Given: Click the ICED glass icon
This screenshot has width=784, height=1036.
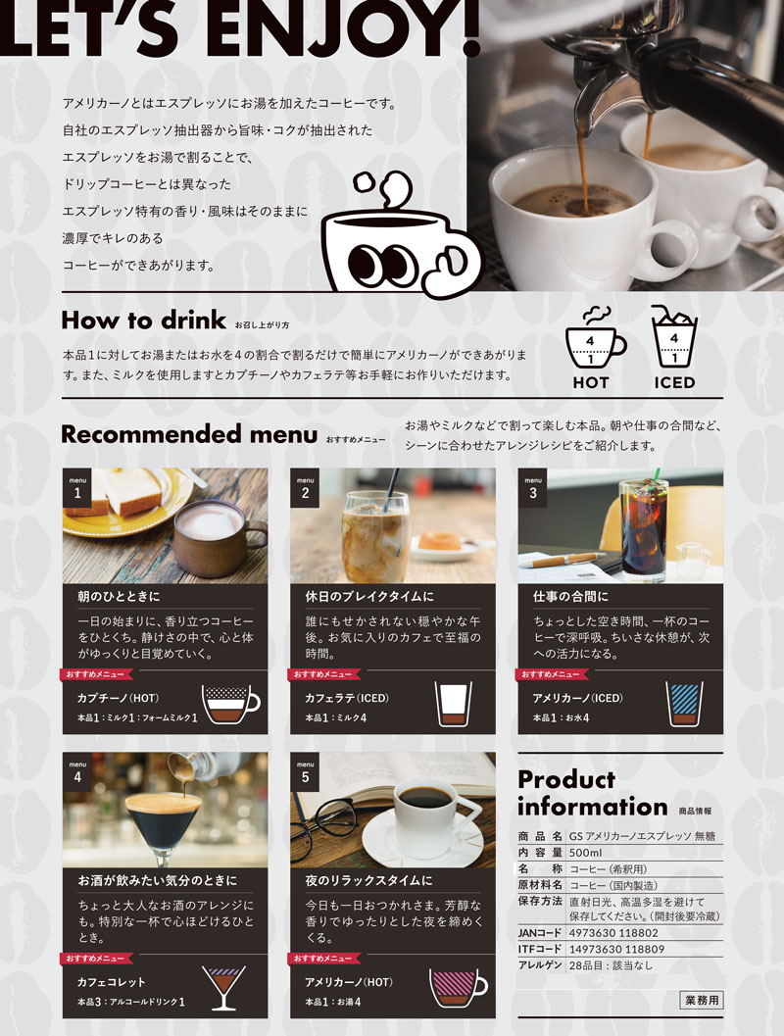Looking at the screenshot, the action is pyautogui.click(x=673, y=336).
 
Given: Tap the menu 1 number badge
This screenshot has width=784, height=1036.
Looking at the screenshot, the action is pyautogui.click(x=77, y=488).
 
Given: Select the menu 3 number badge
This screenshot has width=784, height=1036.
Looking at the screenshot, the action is pyautogui.click(x=532, y=488).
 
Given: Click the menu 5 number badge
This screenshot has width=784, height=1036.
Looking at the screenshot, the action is pyautogui.click(x=305, y=772).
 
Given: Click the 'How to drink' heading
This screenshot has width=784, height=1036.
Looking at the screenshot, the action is pyautogui.click(x=143, y=321).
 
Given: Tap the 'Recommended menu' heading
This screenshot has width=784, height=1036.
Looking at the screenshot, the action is pyautogui.click(x=189, y=435).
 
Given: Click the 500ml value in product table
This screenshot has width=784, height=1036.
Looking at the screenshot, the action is pyautogui.click(x=585, y=853).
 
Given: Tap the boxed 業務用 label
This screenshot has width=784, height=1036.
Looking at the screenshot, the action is pyautogui.click(x=702, y=1000).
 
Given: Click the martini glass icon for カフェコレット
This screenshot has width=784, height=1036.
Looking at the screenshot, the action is pyautogui.click(x=223, y=987).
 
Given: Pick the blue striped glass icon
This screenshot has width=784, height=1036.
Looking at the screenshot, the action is pyautogui.click(x=684, y=705).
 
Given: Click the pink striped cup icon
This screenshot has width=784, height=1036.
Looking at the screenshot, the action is pyautogui.click(x=458, y=987).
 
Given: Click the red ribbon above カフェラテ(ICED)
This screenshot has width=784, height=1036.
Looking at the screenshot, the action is pyautogui.click(x=323, y=674).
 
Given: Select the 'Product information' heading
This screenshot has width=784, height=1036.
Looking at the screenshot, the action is pyautogui.click(x=593, y=794).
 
